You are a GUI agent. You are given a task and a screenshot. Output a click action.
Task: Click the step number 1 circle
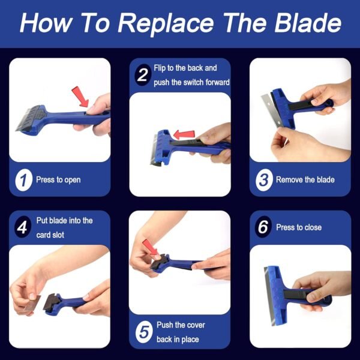23,180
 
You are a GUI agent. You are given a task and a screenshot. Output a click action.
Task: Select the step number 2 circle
143,76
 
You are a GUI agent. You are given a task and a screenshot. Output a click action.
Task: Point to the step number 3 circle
263,180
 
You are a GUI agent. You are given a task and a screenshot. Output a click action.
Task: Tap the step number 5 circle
143,332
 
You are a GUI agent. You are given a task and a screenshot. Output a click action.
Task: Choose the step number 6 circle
263,228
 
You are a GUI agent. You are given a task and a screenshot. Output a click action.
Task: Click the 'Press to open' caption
58,180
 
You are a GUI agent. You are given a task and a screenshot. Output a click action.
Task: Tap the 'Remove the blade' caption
305,180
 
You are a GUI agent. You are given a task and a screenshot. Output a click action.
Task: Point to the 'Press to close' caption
299,228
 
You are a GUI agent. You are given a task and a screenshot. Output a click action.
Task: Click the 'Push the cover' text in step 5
181,325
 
